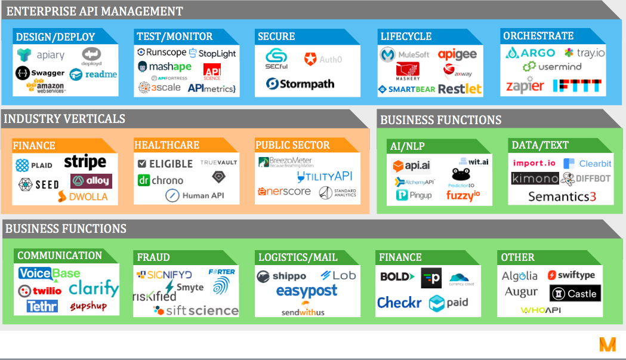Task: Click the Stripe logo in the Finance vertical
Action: coord(85,162)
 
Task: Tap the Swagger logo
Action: coord(40,73)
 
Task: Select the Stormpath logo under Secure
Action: coord(300,84)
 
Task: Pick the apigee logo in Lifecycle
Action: coord(457,54)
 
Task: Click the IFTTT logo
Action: coord(576,86)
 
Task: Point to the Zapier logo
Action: coord(525,86)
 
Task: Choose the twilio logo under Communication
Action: coord(39,291)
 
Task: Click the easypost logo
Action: coord(307,291)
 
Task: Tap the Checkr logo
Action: coord(399,303)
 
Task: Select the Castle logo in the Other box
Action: coord(575,294)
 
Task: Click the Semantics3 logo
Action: coord(562,196)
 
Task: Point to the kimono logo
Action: coord(535,179)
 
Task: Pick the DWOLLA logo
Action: coord(84,196)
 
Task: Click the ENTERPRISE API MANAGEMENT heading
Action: coord(94,11)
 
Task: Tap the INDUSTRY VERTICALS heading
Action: coord(64,119)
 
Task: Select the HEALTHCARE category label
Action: coord(166,145)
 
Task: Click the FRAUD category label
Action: coord(153,257)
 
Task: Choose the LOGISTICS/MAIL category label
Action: coord(298,257)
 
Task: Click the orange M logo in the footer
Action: coord(608,344)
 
